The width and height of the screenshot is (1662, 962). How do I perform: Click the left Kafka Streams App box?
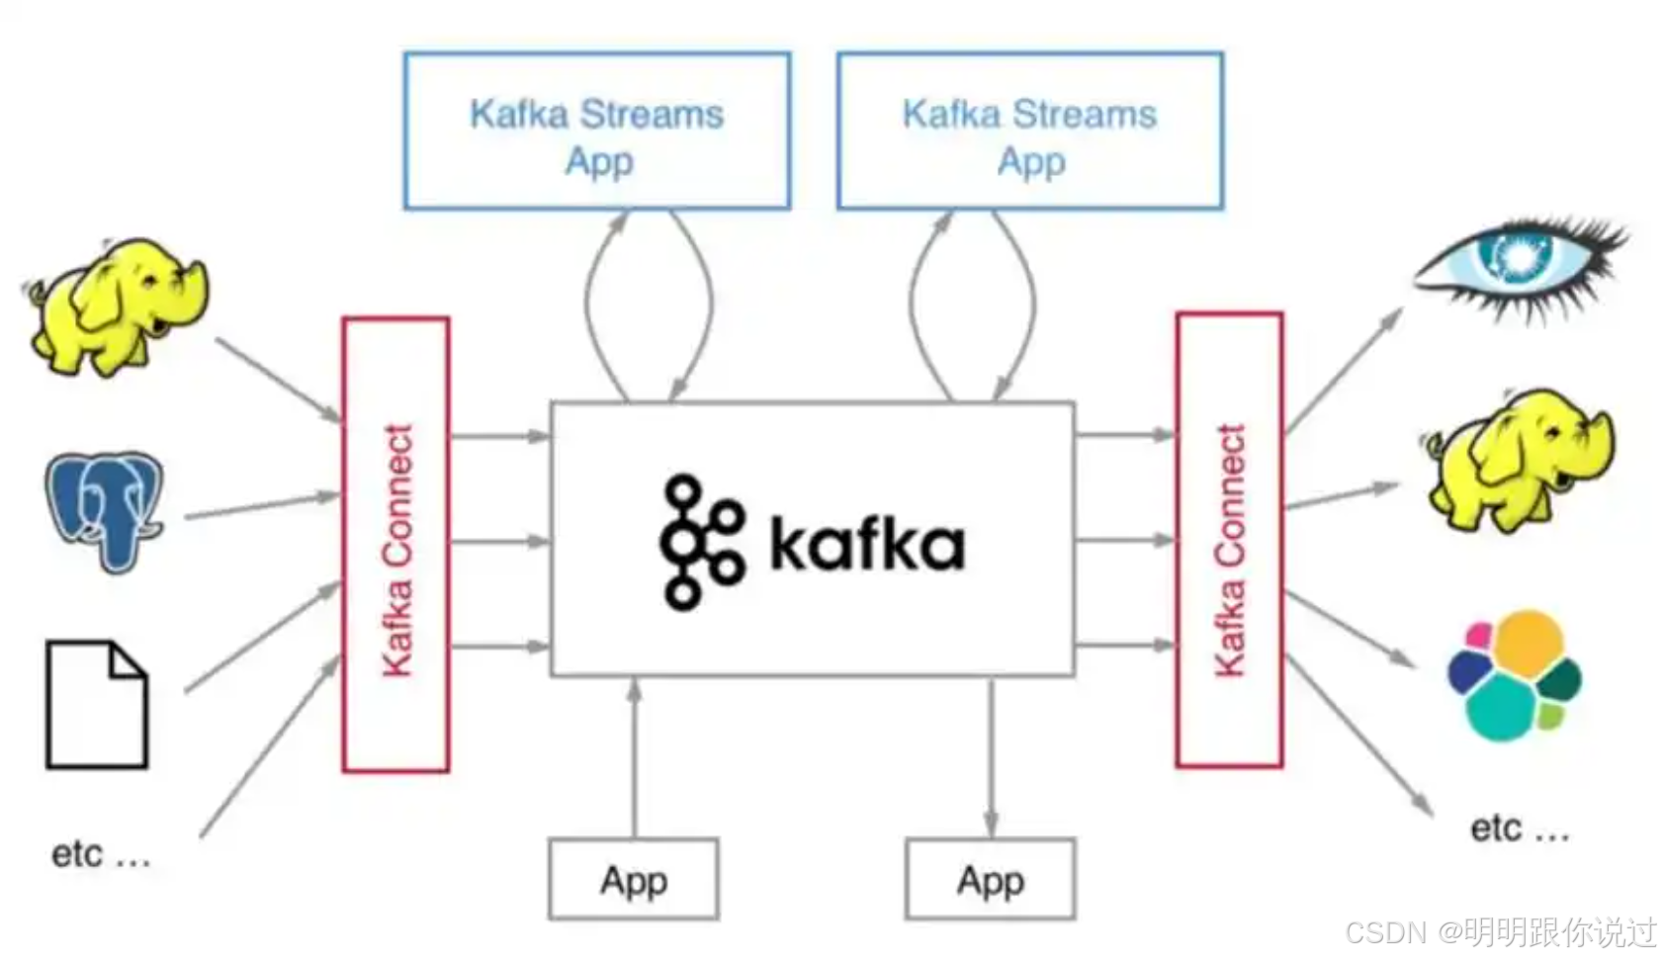[596, 131]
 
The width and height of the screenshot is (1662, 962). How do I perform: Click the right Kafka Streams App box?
[1029, 131]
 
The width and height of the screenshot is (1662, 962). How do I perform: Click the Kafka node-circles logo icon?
[700, 542]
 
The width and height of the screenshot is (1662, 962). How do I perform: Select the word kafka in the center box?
[866, 544]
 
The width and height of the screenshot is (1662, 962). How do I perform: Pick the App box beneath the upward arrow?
[633, 879]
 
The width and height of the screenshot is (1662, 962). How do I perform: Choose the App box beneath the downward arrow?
[990, 879]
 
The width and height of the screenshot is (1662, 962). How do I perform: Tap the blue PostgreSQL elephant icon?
[106, 508]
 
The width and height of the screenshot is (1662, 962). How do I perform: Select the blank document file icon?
[97, 704]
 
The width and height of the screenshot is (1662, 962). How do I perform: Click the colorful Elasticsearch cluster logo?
[1514, 675]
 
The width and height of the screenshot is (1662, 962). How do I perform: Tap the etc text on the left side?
[100, 853]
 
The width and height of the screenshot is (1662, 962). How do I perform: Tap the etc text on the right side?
[1519, 829]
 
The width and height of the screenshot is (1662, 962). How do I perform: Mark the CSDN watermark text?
[1499, 932]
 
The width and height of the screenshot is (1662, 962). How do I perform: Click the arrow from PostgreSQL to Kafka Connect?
[262, 505]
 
